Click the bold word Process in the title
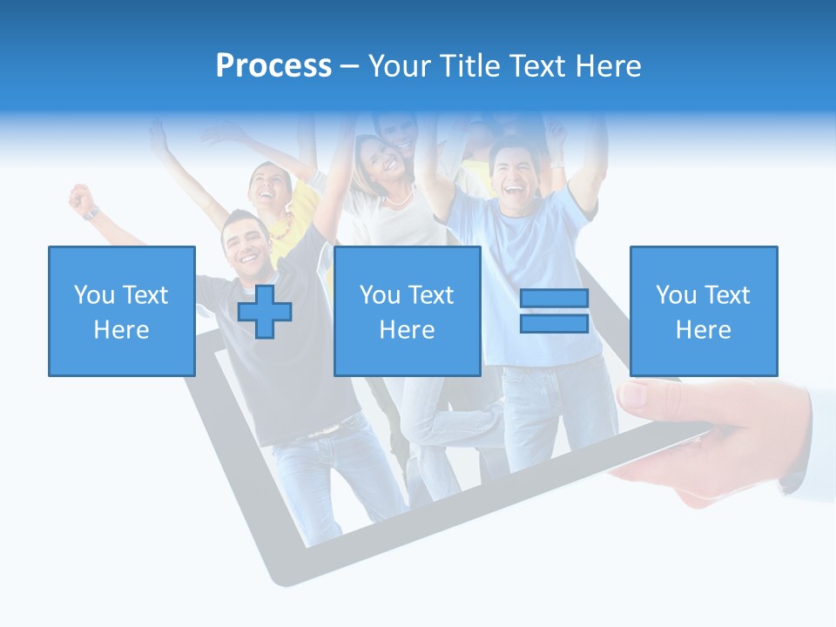click(x=273, y=66)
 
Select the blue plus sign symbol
click(x=265, y=312)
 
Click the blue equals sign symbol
click(x=554, y=311)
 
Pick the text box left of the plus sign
click(x=122, y=311)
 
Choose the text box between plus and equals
click(x=407, y=311)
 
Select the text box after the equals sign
click(x=703, y=311)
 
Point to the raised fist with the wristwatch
click(x=82, y=199)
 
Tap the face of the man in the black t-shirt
click(x=245, y=239)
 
